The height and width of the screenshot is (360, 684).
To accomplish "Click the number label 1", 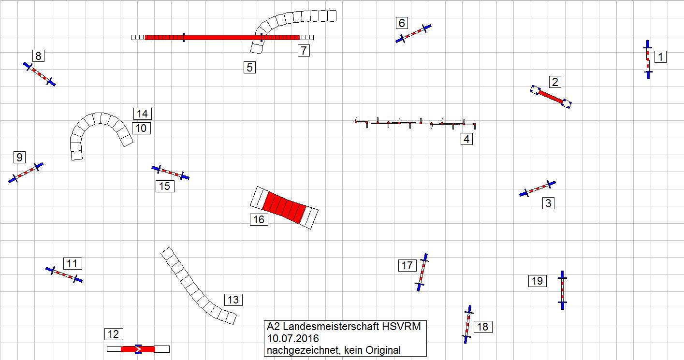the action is click(660, 57).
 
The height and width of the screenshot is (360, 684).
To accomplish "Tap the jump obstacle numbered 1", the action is click(648, 59).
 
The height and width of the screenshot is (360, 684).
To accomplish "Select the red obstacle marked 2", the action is click(551, 97).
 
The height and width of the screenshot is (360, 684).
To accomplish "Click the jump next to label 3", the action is click(538, 189).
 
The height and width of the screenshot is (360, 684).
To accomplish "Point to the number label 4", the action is click(466, 139).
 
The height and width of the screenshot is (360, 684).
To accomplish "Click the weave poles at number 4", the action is click(415, 123).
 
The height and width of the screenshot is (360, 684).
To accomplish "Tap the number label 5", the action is click(249, 68).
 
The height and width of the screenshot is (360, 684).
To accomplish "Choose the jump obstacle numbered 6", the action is click(413, 34).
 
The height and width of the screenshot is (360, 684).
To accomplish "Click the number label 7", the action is click(304, 51).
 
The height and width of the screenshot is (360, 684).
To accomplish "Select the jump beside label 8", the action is click(39, 74).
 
